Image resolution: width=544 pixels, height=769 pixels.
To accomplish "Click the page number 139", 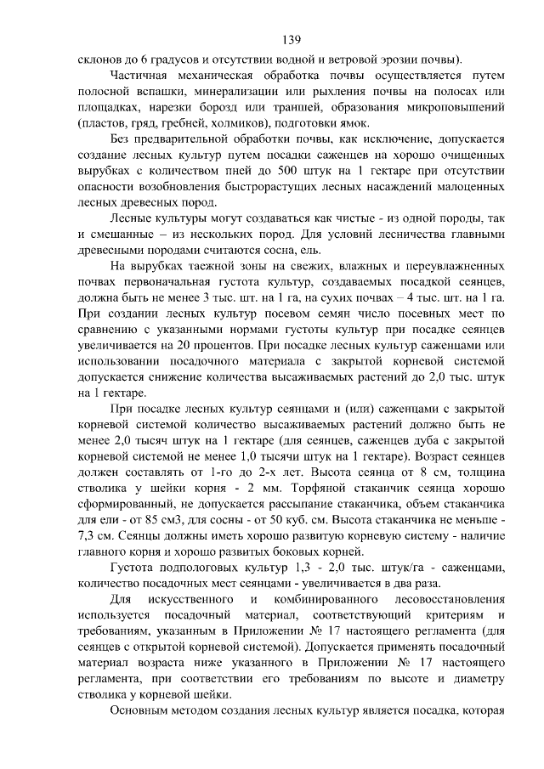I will click(291, 39).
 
